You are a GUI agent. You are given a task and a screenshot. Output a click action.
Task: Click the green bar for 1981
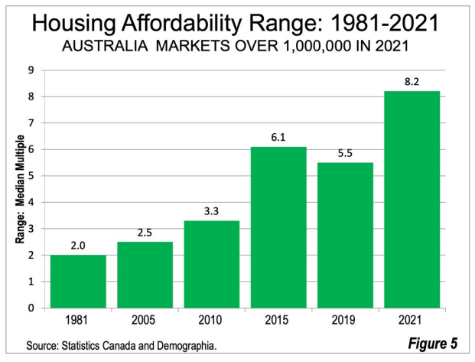[x=78, y=281]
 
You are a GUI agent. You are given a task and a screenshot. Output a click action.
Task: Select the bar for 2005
[x=145, y=275]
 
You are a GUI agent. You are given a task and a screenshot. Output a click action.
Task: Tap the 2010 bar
[x=211, y=264]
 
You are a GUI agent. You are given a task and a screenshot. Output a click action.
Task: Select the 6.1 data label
[x=278, y=137]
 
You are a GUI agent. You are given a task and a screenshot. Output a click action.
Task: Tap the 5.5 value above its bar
[x=345, y=153]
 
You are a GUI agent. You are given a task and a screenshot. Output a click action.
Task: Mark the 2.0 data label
[x=78, y=246]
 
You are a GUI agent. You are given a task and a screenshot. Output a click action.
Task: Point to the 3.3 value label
[x=211, y=211]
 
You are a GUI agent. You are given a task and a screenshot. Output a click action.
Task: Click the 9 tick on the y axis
[x=31, y=70]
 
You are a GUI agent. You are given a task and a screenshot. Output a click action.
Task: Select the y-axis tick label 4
[x=31, y=202]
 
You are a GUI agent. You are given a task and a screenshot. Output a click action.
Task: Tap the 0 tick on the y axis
[x=31, y=308]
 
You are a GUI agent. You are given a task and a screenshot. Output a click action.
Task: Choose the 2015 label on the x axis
[x=278, y=321]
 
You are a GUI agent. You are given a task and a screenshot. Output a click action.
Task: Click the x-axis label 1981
[x=78, y=321]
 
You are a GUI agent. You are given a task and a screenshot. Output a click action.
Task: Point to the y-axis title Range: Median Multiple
[x=21, y=189]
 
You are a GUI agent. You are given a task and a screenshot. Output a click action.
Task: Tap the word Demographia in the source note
[x=181, y=346]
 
